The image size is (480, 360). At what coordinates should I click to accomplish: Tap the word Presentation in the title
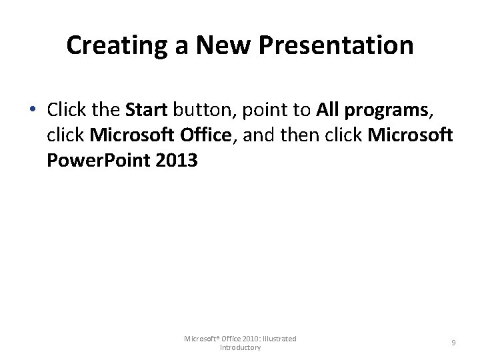[335, 45]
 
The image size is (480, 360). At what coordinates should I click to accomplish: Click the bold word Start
[146, 110]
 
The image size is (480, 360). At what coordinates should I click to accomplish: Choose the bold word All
[328, 110]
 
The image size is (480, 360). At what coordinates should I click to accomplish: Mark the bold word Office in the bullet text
[204, 135]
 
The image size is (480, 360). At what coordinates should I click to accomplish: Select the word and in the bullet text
[257, 135]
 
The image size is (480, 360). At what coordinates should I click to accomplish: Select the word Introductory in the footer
[240, 348]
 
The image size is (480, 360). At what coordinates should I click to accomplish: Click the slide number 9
[453, 343]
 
